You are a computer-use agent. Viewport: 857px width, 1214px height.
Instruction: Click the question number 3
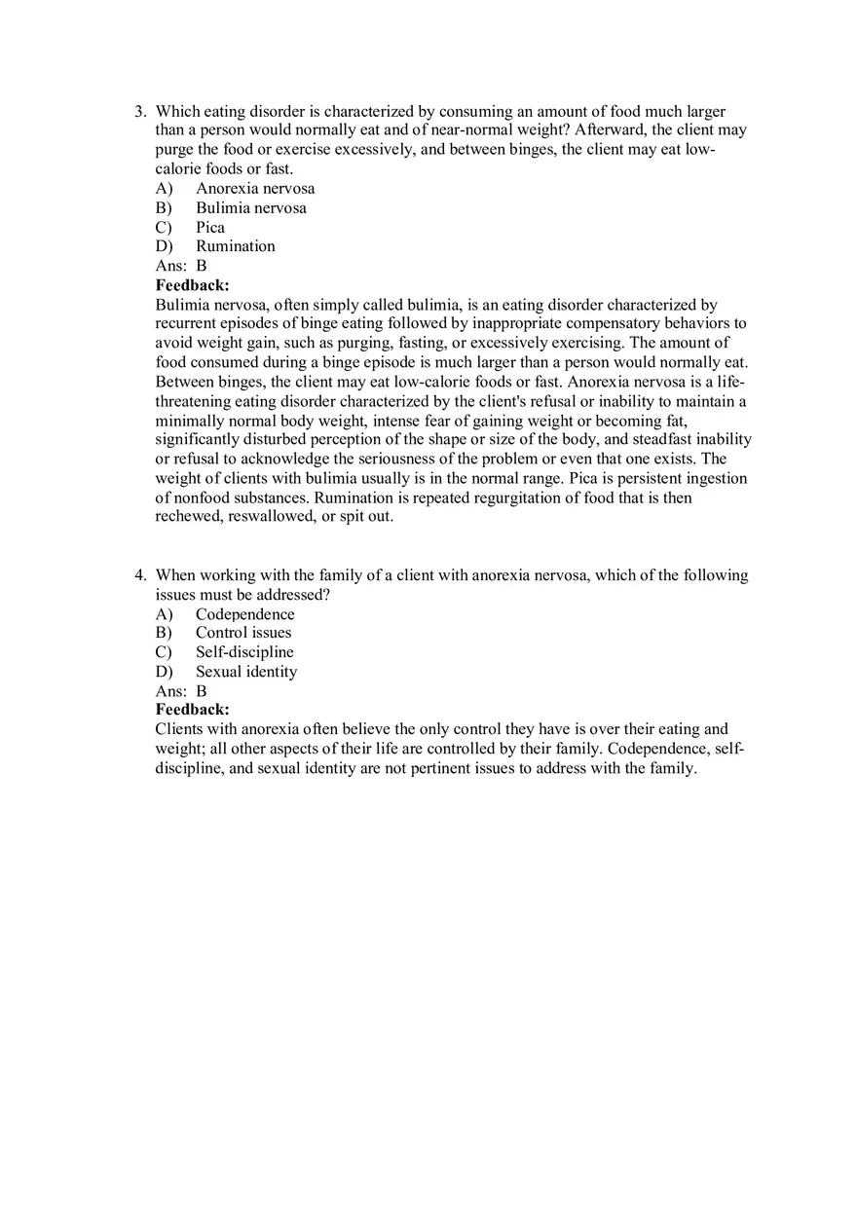[140, 112]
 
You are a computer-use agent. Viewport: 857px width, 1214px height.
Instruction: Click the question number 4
[140, 575]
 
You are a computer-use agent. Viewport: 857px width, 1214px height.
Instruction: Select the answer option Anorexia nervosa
[255, 189]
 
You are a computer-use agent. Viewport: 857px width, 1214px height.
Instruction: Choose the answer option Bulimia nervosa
[250, 208]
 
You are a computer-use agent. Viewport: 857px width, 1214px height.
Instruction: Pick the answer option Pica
[209, 228]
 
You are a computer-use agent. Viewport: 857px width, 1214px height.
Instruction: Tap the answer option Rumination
[235, 246]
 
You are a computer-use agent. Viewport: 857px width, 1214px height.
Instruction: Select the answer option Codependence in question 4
[244, 614]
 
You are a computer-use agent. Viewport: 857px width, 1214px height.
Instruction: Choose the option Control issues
[243, 633]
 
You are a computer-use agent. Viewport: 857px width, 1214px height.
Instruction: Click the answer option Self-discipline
[244, 652]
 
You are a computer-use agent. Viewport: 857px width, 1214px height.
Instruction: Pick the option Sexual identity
[246, 672]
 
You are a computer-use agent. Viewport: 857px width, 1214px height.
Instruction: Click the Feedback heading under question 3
[193, 285]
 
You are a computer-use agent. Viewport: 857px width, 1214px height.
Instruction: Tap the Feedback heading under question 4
[193, 710]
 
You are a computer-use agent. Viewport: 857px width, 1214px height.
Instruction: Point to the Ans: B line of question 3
[181, 266]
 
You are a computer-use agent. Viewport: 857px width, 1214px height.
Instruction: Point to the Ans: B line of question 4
[181, 691]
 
